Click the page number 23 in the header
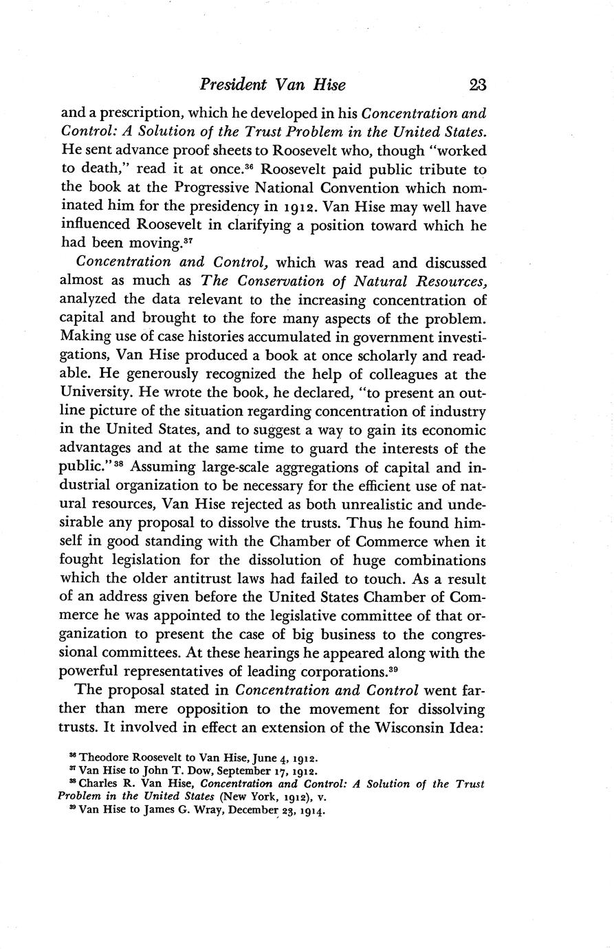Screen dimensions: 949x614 pos(476,85)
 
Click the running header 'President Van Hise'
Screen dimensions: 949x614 pos(272,85)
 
